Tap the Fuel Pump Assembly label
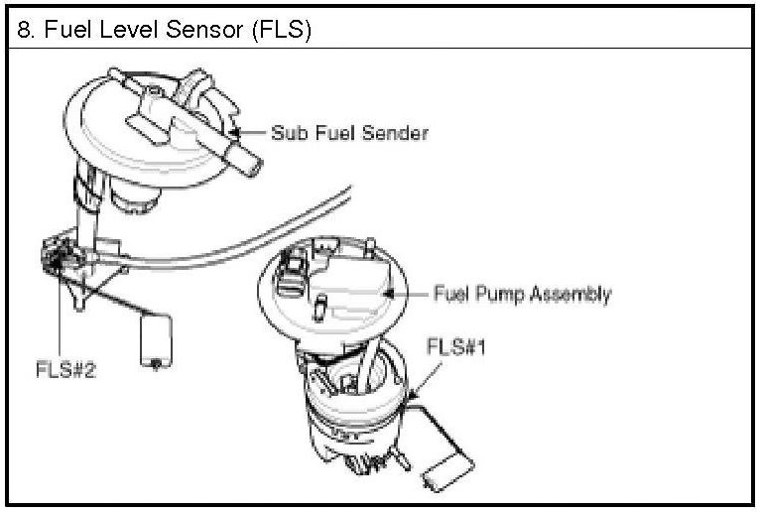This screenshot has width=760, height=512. tap(522, 295)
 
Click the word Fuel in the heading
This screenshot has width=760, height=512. tap(64, 31)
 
